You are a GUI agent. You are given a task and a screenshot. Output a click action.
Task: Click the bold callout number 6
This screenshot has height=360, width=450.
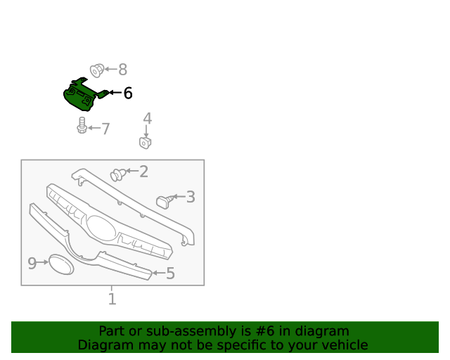128,93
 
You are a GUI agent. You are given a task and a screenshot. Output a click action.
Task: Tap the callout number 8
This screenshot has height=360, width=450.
123,70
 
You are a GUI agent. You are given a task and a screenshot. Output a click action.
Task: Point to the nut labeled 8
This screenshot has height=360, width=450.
97,70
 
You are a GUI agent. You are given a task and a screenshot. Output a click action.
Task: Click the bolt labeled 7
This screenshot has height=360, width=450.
82,125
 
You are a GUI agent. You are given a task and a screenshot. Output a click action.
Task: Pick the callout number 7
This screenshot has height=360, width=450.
106,129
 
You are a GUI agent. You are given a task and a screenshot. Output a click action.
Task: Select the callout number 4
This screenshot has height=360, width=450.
147,118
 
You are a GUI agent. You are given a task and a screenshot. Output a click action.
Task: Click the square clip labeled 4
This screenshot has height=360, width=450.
146,143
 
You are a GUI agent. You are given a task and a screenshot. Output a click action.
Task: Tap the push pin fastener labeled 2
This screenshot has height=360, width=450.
118,175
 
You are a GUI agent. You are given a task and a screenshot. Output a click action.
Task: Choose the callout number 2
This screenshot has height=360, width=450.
143,172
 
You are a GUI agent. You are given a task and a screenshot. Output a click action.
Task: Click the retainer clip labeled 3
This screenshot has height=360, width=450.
165,202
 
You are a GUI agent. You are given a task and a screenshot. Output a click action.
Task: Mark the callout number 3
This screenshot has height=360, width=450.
191,197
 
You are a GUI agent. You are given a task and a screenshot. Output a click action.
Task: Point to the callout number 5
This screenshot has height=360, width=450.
170,273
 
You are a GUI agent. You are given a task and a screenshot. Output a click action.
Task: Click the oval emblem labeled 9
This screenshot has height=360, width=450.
61,264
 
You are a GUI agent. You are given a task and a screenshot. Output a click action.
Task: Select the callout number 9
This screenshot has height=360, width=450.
32,263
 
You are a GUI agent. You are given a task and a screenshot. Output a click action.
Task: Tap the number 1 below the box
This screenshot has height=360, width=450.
112,299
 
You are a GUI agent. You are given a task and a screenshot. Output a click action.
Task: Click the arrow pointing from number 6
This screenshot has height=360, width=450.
115,92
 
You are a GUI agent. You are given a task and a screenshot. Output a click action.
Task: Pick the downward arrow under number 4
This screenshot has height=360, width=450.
146,131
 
